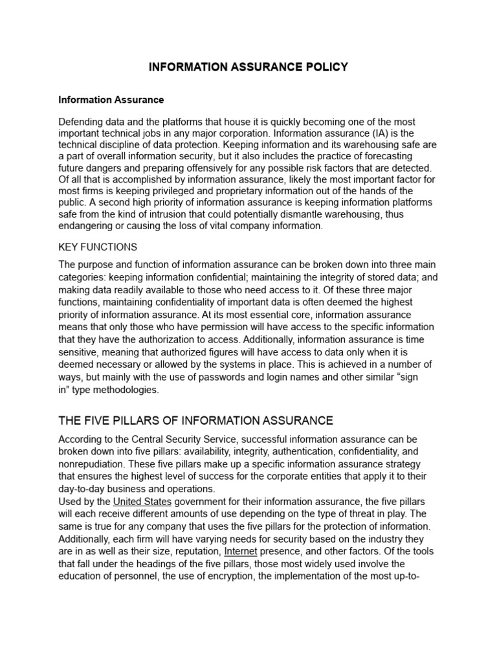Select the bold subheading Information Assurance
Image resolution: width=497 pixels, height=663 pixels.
click(111, 100)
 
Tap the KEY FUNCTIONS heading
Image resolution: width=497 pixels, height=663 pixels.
click(98, 247)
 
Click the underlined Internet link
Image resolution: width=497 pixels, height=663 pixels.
click(241, 551)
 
